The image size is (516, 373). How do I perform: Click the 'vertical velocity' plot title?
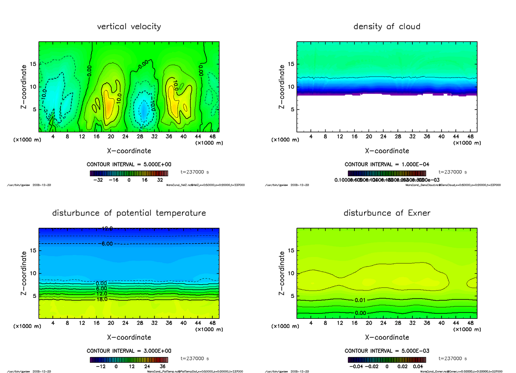[129, 27]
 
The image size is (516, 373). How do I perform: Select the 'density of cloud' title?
[387, 27]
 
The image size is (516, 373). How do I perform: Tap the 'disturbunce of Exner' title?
[387, 213]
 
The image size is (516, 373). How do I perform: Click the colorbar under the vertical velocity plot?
[129, 174]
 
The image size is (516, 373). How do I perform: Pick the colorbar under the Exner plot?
[387, 360]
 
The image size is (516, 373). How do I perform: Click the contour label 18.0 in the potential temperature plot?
[102, 299]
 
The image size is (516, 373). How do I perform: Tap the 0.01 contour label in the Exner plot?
[360, 300]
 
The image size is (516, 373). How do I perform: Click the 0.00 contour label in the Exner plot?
[360, 313]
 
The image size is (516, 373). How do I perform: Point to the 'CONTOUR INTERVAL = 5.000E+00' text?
[129, 165]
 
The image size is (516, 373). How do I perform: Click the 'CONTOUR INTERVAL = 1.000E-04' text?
[387, 165]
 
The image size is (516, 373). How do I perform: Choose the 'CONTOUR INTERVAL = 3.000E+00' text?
[129, 351]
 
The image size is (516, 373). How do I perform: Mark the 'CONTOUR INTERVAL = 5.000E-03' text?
[387, 351]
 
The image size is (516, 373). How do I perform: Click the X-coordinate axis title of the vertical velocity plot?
[129, 151]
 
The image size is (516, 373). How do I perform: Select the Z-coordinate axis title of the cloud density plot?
[282, 86]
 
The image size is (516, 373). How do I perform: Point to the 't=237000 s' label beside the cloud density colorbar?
[453, 172]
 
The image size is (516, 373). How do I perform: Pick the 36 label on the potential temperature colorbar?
[163, 367]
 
